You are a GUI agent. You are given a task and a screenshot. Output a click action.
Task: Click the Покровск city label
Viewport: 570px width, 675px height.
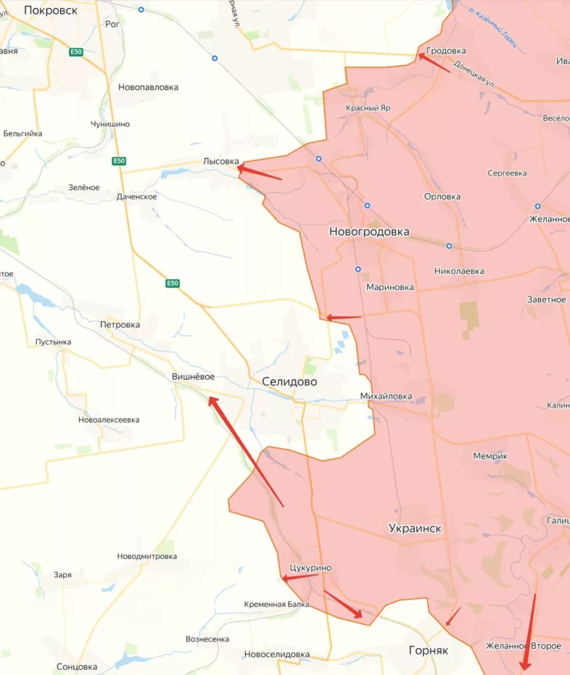point(50,10)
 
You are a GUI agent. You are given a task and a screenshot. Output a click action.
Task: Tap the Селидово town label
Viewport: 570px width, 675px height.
point(289,382)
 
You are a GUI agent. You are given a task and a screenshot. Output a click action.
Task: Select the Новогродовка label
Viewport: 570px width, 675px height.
point(369,232)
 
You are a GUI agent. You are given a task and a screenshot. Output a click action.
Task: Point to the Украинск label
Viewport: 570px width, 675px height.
point(415,529)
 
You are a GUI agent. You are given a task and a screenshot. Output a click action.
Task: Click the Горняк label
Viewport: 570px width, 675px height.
point(428,650)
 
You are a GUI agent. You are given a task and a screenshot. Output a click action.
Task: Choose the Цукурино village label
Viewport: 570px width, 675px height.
point(310,568)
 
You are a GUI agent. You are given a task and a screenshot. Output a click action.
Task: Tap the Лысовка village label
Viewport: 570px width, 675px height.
point(221,160)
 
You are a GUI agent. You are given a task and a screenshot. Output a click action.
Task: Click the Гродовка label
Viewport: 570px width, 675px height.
point(446,51)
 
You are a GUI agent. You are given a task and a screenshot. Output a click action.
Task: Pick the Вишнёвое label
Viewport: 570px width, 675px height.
point(193,376)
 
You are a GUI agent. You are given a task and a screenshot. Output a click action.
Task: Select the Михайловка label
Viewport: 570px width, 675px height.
point(386,396)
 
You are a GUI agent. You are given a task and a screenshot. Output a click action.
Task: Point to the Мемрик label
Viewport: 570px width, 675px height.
point(490,456)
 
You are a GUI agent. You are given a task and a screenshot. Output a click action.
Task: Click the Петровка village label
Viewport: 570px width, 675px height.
point(119,324)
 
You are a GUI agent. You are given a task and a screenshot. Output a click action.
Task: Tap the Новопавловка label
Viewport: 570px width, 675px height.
point(148,87)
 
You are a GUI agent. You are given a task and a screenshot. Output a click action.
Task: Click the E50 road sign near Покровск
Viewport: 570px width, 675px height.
point(75,52)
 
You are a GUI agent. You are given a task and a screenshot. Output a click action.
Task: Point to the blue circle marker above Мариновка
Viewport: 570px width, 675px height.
point(358,269)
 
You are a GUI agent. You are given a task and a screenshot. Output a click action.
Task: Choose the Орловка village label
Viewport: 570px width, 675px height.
point(442,196)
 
